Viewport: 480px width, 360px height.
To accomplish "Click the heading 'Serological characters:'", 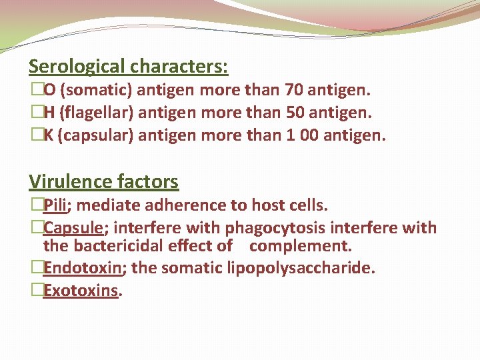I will point(129,67).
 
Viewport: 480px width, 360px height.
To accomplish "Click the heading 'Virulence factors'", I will point(103,181).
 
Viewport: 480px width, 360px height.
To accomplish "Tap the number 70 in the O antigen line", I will point(293,89).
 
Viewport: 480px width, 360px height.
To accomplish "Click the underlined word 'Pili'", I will point(57,204).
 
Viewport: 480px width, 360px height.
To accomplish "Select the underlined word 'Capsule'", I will point(73,227).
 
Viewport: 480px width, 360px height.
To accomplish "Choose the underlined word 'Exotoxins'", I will point(81,291).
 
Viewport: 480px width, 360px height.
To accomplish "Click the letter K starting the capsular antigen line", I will point(49,135).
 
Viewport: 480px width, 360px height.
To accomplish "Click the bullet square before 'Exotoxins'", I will point(37,291).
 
